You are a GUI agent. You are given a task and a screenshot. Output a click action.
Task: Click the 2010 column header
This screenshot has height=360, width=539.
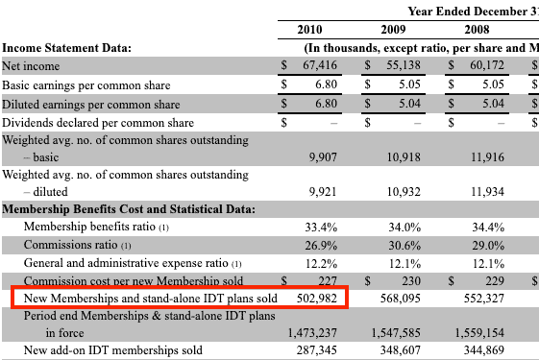309,30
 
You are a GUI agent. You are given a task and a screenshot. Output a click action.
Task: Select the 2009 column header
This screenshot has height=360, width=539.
393,30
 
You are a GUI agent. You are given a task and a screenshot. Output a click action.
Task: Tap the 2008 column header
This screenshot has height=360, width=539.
477,30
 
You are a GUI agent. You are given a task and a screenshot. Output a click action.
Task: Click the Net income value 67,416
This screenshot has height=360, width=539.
320,65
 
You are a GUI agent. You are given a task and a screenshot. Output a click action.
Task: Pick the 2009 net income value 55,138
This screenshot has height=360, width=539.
404,65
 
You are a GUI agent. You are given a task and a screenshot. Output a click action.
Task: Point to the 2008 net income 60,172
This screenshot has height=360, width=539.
487,65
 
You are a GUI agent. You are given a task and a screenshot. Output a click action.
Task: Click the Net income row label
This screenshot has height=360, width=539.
31,65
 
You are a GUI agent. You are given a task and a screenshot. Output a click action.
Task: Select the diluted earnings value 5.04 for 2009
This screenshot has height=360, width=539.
409,104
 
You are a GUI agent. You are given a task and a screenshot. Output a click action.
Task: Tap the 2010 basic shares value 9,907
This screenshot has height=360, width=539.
323,157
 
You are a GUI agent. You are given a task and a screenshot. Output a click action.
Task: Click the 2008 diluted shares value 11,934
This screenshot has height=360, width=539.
487,192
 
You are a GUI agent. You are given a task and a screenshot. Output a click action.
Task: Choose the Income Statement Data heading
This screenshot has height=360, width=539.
66,47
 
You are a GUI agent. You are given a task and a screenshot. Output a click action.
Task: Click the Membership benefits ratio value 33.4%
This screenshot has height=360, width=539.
321,228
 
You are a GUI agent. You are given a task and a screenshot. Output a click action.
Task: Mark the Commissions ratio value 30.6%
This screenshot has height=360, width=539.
404,245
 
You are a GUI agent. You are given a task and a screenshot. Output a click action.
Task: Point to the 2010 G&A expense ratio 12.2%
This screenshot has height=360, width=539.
322,263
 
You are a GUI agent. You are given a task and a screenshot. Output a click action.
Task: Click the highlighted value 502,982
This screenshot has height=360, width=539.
317,299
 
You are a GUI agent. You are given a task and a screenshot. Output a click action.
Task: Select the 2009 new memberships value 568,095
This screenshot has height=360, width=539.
401,299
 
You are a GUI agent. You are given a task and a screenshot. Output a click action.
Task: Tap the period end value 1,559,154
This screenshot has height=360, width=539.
479,332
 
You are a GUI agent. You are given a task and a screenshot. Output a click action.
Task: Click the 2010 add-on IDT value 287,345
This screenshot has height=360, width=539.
317,350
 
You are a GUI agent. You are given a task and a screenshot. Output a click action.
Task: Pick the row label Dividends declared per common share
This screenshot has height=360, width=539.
98,123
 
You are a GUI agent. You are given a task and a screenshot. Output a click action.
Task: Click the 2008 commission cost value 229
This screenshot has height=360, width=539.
495,281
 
